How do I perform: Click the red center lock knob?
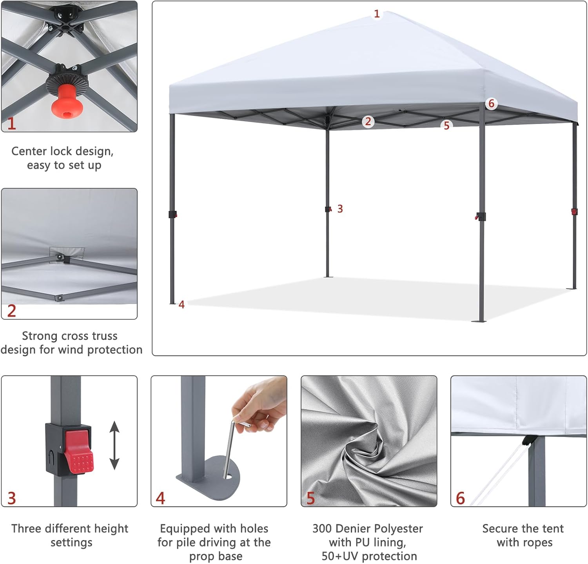pos(64,106)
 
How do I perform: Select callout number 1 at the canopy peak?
pos(377,14)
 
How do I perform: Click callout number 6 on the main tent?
pos(491,104)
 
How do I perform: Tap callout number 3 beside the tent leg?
pos(340,209)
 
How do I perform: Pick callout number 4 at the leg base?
pos(181,304)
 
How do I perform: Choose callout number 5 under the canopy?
pos(446,126)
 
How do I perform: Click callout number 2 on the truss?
pos(368,122)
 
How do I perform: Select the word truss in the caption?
pos(103,336)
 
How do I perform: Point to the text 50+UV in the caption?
pos(340,556)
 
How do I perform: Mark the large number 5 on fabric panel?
pos(311,499)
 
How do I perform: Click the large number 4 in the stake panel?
pos(160,499)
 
